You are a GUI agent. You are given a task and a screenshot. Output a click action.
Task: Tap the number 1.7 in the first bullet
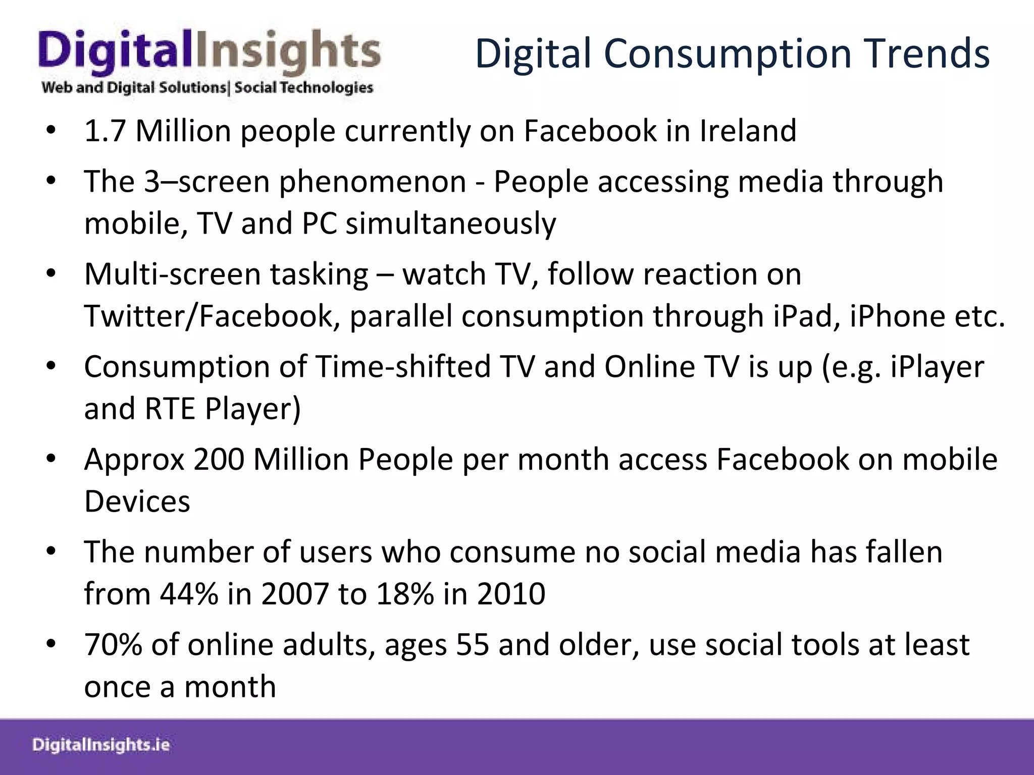click(x=105, y=131)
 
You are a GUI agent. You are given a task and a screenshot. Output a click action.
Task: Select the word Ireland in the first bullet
click(x=748, y=131)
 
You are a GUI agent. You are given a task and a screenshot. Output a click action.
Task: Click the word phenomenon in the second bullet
click(x=373, y=182)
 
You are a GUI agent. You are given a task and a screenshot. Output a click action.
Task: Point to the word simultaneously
click(x=450, y=224)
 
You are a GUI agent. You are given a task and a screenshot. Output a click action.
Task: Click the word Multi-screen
click(x=172, y=274)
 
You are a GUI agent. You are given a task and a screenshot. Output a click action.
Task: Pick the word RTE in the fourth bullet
click(x=170, y=409)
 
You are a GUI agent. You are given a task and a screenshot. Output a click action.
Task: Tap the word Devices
click(x=137, y=502)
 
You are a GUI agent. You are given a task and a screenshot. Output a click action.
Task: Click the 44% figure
click(x=189, y=594)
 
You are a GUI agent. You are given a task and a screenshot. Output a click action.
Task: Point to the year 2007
click(x=295, y=594)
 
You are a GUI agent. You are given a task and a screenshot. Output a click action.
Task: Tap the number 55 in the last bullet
click(x=473, y=645)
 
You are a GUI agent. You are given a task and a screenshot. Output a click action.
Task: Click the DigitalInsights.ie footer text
click(x=101, y=745)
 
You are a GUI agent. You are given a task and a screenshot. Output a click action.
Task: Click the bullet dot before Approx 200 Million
click(x=50, y=460)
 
